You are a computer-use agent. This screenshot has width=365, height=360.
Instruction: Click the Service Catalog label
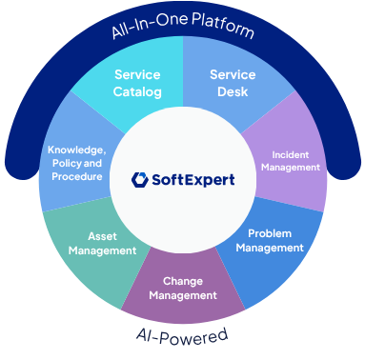click(137, 83)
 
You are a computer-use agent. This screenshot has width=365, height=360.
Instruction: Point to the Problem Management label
click(270, 240)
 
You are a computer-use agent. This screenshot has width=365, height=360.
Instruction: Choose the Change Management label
click(182, 288)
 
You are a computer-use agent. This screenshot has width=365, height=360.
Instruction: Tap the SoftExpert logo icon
click(141, 178)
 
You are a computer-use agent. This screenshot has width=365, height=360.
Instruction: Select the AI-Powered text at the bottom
click(182, 334)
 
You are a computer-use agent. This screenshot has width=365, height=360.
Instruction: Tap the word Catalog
click(137, 92)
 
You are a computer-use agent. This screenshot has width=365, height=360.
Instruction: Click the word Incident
click(290, 154)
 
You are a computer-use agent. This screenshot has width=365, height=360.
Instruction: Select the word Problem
click(270, 233)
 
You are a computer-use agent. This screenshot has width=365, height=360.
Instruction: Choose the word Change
click(182, 281)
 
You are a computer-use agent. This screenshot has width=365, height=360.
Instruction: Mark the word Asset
click(103, 236)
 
